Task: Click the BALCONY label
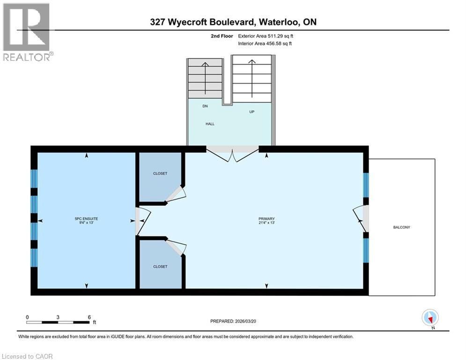pyautogui.click(x=401, y=227)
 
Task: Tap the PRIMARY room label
pyautogui.click(x=266, y=218)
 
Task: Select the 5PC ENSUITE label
pyautogui.click(x=86, y=218)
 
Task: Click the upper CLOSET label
pyautogui.click(x=160, y=173)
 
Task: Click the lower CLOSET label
pyautogui.click(x=160, y=266)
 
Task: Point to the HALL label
pyautogui.click(x=210, y=124)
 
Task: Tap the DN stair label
pyautogui.click(x=205, y=106)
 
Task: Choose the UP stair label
pyautogui.click(x=252, y=112)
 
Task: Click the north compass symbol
pyautogui.click(x=429, y=318)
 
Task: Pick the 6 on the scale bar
pyautogui.click(x=89, y=317)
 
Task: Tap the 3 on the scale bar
pyautogui.click(x=58, y=317)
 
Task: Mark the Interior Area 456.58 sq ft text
pyautogui.click(x=266, y=44)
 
